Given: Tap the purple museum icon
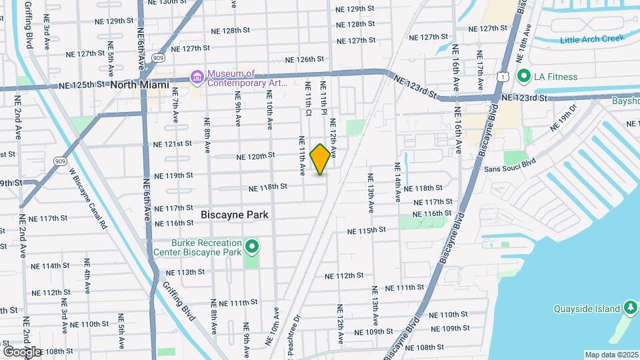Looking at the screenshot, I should point(197,78).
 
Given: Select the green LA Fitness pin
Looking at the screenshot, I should point(523,77).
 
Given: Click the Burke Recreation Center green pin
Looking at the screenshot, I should point(251,248).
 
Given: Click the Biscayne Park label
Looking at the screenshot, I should point(235,215).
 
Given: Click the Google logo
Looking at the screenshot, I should point(21,351).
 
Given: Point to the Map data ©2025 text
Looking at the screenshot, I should point(612,355).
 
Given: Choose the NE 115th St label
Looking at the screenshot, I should point(366,231).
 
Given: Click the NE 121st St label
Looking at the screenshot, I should point(172,143).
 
